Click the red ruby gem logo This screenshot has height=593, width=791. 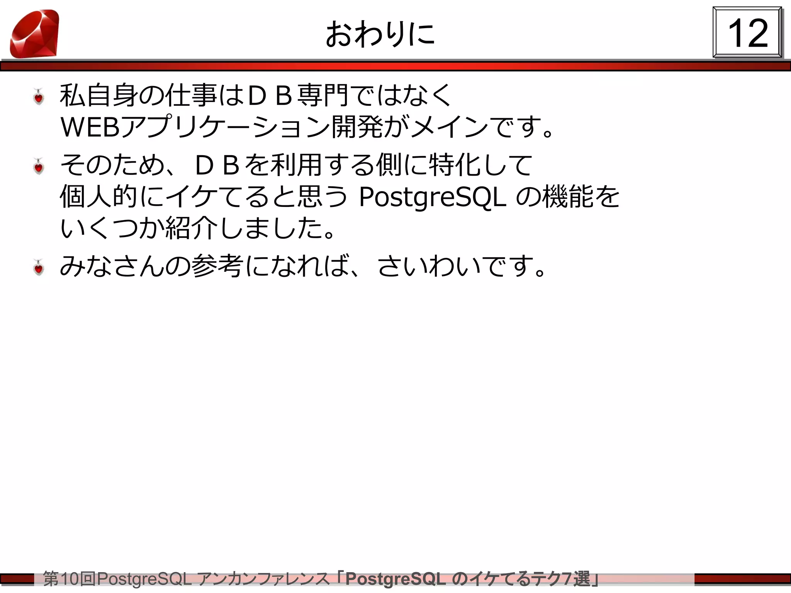click(35, 34)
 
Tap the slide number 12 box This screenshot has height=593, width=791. click(747, 33)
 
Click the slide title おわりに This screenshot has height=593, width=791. click(380, 34)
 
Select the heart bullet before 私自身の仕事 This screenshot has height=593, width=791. click(39, 97)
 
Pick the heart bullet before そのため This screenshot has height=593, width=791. click(39, 166)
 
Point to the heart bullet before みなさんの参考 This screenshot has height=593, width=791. click(39, 268)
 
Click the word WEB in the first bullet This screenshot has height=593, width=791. click(90, 127)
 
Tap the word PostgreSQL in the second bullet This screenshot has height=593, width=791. click(432, 197)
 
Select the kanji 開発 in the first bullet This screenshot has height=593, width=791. click(357, 127)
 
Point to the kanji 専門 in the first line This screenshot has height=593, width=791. click(323, 95)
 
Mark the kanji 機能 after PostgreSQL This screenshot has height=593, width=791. click(568, 197)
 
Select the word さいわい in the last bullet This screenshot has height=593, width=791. click(429, 266)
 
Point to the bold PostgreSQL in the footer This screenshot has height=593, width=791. click(395, 579)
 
